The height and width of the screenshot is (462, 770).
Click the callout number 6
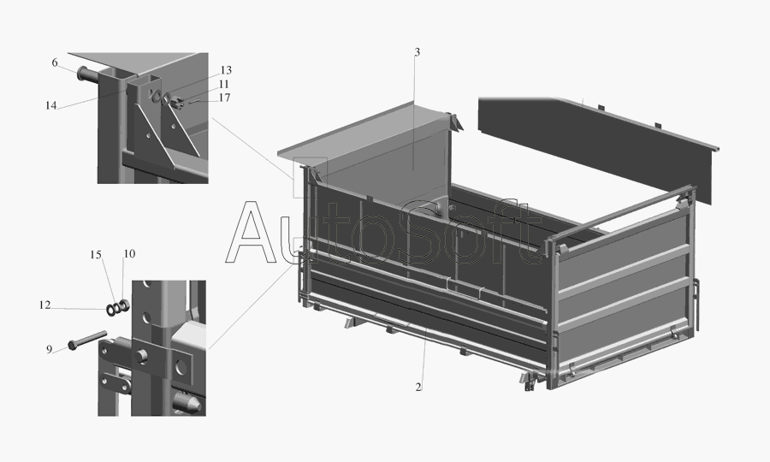(55, 62)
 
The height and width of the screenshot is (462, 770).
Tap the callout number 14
(51, 105)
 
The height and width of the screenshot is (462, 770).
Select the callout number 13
(225, 70)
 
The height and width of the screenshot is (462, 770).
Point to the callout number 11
(224, 84)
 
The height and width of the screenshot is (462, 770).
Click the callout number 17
(224, 98)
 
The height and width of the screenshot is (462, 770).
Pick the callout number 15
(95, 255)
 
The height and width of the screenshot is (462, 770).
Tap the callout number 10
(129, 254)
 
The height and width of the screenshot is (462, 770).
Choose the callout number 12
(44, 305)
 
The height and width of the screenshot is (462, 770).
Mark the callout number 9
(49, 350)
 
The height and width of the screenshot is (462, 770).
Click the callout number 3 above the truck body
(417, 52)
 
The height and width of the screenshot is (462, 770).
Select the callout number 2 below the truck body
(418, 388)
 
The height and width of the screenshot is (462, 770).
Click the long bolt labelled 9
(88, 340)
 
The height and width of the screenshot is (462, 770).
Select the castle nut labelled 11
(179, 103)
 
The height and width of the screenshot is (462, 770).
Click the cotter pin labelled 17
(194, 102)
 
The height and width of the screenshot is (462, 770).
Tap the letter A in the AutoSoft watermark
(252, 232)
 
